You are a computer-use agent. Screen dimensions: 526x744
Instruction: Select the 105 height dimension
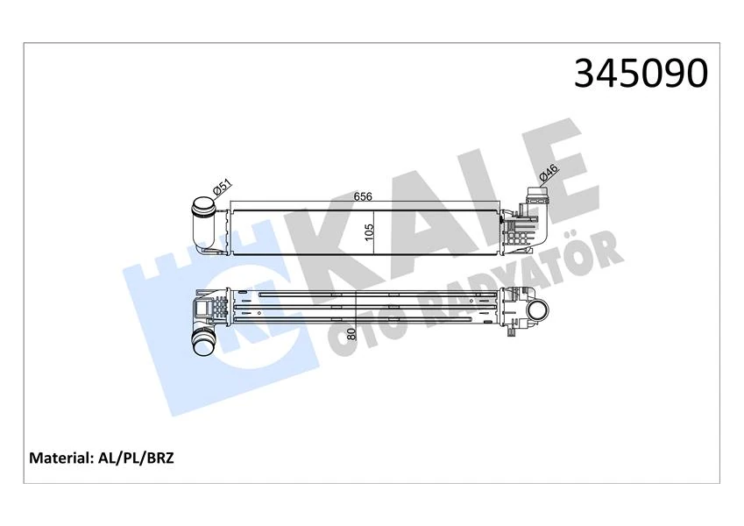point(370,231)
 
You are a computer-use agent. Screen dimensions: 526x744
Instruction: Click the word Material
point(61,458)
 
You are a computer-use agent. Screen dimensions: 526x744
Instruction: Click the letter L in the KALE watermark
point(486,197)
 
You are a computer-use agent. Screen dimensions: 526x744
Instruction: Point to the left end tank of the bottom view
point(210,308)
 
